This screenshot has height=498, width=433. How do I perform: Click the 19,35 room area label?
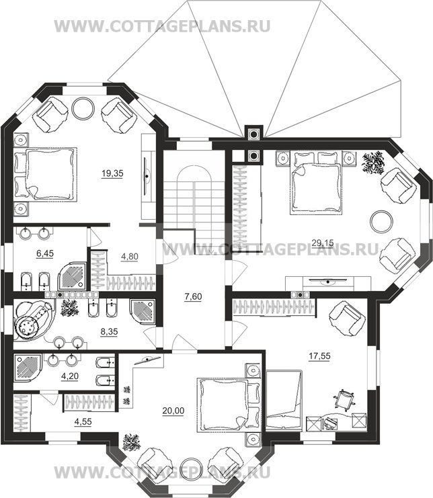[x=112, y=173]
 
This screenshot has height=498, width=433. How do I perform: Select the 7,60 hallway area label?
[x=193, y=296]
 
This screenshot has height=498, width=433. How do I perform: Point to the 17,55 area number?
[x=319, y=356]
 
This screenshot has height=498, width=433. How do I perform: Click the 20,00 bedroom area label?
[x=173, y=411]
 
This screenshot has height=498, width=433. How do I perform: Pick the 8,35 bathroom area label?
[x=109, y=331]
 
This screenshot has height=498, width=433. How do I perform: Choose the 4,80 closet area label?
[x=130, y=256]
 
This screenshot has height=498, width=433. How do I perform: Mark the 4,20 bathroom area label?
[x=69, y=376]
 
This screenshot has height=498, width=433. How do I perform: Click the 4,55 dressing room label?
[x=83, y=422]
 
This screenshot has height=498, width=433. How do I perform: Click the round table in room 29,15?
[x=381, y=221]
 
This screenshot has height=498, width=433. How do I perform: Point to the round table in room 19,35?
[x=83, y=108]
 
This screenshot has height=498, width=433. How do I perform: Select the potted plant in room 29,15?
[x=374, y=162]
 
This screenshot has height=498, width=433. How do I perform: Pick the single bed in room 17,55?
[x=284, y=400]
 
